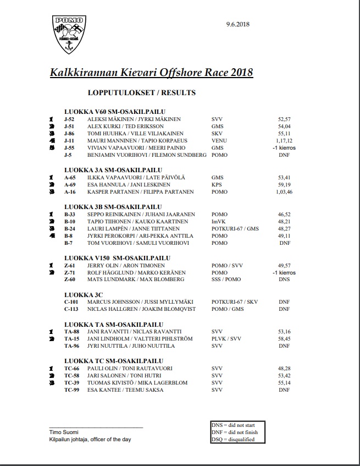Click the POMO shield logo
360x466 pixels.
tap(69, 34)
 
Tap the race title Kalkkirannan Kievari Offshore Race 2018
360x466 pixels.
tap(152, 73)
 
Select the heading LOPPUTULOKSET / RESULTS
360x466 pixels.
tap(141, 93)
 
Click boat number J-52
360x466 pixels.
tap(69, 119)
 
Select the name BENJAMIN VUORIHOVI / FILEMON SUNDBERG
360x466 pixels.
tap(147, 155)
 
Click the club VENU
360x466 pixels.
tap(219, 141)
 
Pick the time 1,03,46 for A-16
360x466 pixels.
tap(285, 192)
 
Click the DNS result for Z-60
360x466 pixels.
tap(284, 279)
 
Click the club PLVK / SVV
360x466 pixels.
tap(226, 338)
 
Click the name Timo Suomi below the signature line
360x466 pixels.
tap(56, 432)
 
